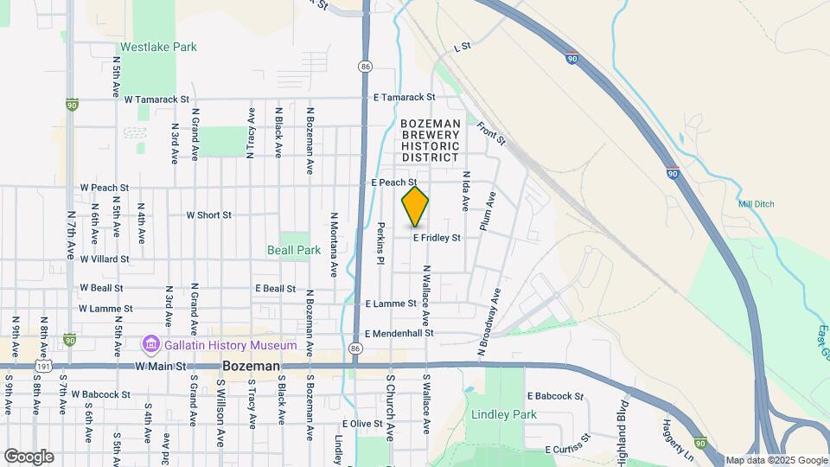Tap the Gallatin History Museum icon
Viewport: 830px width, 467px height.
click(x=151, y=346)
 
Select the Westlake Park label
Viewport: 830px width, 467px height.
click(x=158, y=47)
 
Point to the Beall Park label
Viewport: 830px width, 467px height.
click(x=293, y=250)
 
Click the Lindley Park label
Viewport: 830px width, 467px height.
click(x=504, y=414)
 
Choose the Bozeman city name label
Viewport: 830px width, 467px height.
click(x=251, y=367)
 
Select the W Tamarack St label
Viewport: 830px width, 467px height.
click(x=156, y=99)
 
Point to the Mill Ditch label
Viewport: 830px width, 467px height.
click(x=757, y=204)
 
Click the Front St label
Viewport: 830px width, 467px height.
click(x=490, y=132)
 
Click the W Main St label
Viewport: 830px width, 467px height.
click(x=160, y=367)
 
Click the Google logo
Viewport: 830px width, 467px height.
click(x=29, y=456)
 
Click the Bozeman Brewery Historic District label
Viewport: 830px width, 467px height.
click(x=430, y=141)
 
